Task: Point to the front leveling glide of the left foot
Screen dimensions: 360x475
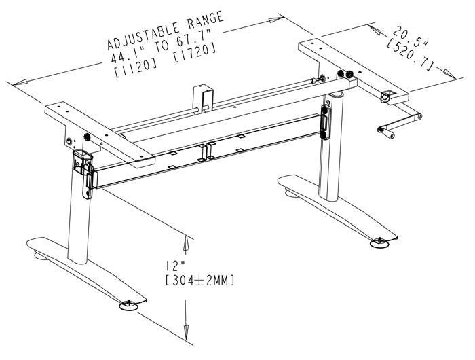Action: pyautogui.click(x=129, y=305)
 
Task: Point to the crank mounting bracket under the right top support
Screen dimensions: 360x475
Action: pyautogui.click(x=389, y=97)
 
